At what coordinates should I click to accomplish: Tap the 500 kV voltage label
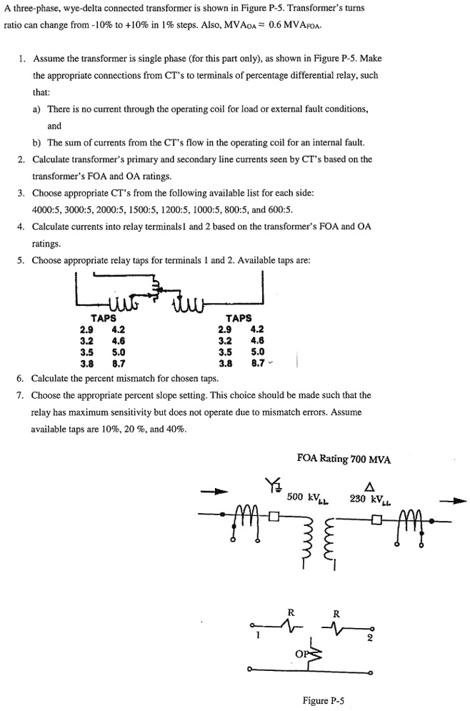[x=304, y=496]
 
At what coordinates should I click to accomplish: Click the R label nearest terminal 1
[x=290, y=612]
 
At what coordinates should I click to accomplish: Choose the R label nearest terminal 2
[x=336, y=613]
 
